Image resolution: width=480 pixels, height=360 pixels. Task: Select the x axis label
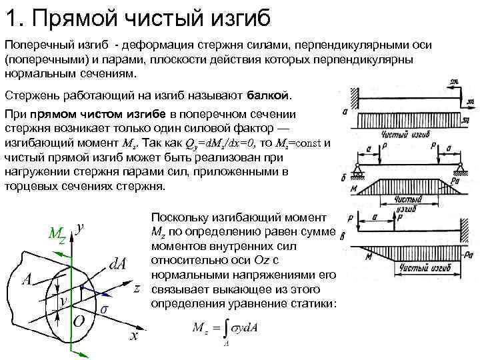pos(134,335)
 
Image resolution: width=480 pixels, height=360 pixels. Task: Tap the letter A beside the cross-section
pos(28,279)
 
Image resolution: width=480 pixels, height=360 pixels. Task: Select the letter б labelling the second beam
pos(343,178)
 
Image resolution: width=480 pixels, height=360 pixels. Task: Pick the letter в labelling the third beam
pos(343,235)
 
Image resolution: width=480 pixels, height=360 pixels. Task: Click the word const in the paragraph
pos(309,145)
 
